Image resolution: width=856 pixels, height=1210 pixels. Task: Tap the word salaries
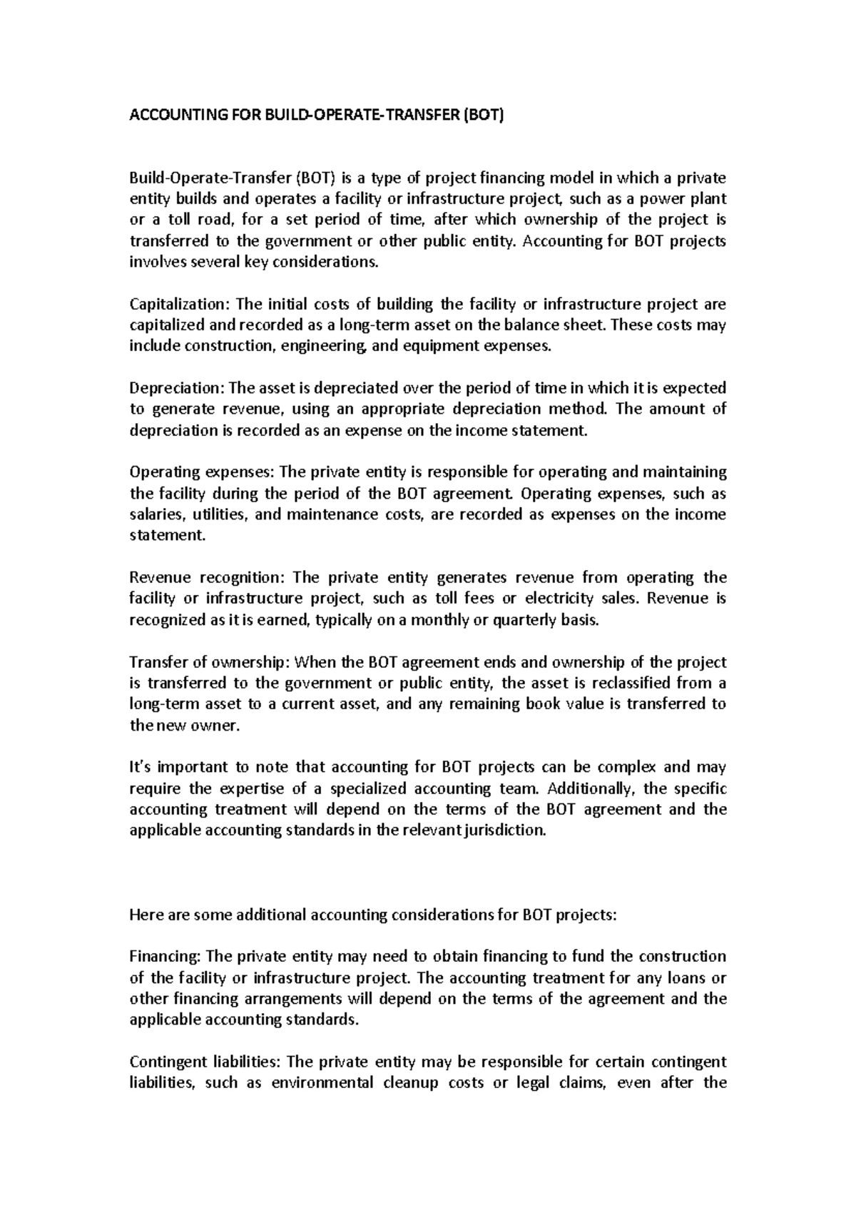151,514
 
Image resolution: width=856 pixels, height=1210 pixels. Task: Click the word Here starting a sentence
145,915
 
